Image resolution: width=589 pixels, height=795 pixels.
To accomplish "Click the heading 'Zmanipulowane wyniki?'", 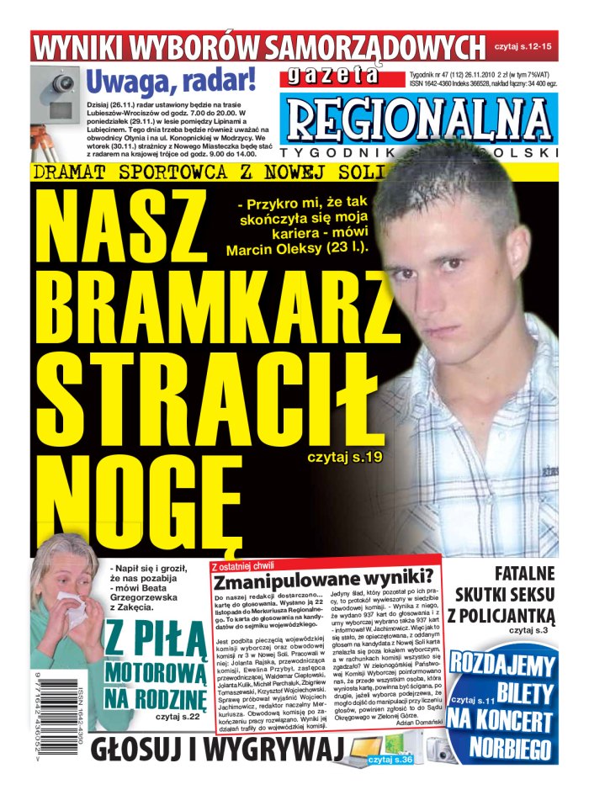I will [323, 580].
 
